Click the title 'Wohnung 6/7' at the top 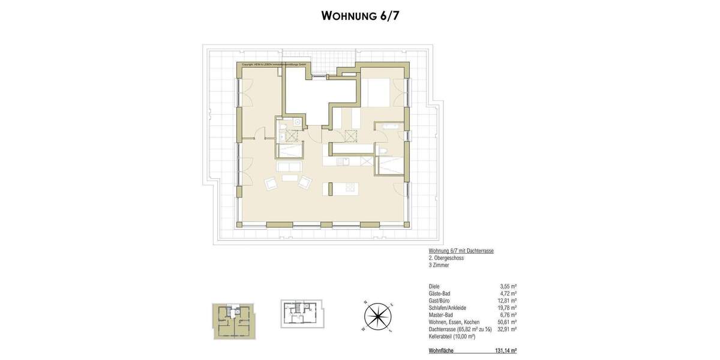point(360,16)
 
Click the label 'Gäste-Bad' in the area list point(440,293)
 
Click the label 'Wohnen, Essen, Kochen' point(455,322)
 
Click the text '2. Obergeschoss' point(446,257)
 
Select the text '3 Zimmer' point(439,265)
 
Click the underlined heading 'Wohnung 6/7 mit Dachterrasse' point(461,251)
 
